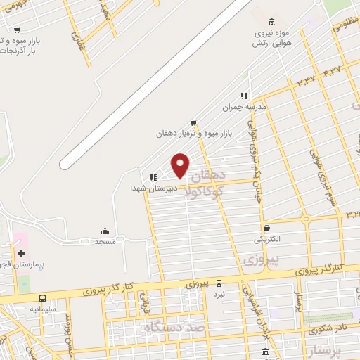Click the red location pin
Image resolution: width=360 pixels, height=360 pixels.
click(181, 165)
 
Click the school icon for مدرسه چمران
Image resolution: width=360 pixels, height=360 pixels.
click(244, 96)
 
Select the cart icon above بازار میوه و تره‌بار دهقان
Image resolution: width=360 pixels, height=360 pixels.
click(193, 122)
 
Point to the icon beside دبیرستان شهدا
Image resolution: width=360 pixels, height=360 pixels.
click(153, 177)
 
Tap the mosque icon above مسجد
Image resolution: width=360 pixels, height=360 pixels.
click(105, 231)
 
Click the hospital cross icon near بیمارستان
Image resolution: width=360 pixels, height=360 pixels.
click(21, 253)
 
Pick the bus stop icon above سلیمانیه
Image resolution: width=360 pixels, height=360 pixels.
click(43, 298)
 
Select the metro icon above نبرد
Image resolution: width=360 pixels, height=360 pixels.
click(219, 283)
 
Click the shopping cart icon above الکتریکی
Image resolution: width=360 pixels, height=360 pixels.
click(267, 228)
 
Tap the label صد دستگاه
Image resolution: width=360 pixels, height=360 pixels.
click(173, 328)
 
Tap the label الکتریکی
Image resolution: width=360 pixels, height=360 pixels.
click(267, 239)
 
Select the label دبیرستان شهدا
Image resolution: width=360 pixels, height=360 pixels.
click(147, 188)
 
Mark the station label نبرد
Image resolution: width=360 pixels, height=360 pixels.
click(219, 294)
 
